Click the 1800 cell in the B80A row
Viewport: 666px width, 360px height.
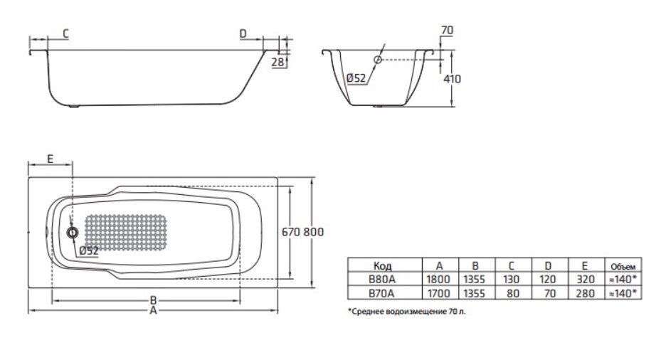[440, 279]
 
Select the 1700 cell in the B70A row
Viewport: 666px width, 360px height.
[440, 292]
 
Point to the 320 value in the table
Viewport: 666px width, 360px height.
[583, 279]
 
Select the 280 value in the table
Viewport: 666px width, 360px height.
[583, 292]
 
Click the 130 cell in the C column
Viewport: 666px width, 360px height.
[511, 279]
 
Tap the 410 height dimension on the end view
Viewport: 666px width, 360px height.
[452, 79]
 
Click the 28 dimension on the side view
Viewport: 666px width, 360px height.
[277, 63]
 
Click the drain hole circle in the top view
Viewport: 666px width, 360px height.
[72, 233]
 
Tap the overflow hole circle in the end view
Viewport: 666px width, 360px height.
[378, 60]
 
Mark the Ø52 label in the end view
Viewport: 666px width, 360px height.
[355, 79]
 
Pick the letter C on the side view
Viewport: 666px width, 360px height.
[65, 33]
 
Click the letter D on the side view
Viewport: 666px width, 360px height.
[243, 33]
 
